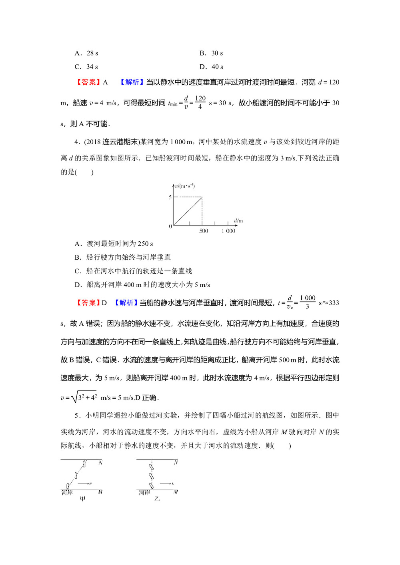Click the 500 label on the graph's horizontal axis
tap(204, 231)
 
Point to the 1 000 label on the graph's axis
tap(228, 231)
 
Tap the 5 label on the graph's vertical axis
tap(170, 197)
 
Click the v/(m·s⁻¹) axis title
tap(185, 186)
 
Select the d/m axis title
tap(238, 221)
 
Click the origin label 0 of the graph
tap(170, 226)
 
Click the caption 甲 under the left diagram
tap(82, 499)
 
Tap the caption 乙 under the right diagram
tap(157, 499)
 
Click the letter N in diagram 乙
tap(176, 463)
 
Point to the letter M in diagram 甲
tap(100, 492)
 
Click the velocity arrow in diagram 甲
tap(84, 484)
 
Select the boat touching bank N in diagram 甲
tap(84, 464)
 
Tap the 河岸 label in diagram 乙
tap(144, 493)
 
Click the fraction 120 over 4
tap(200, 102)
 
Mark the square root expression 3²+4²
tap(84, 397)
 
